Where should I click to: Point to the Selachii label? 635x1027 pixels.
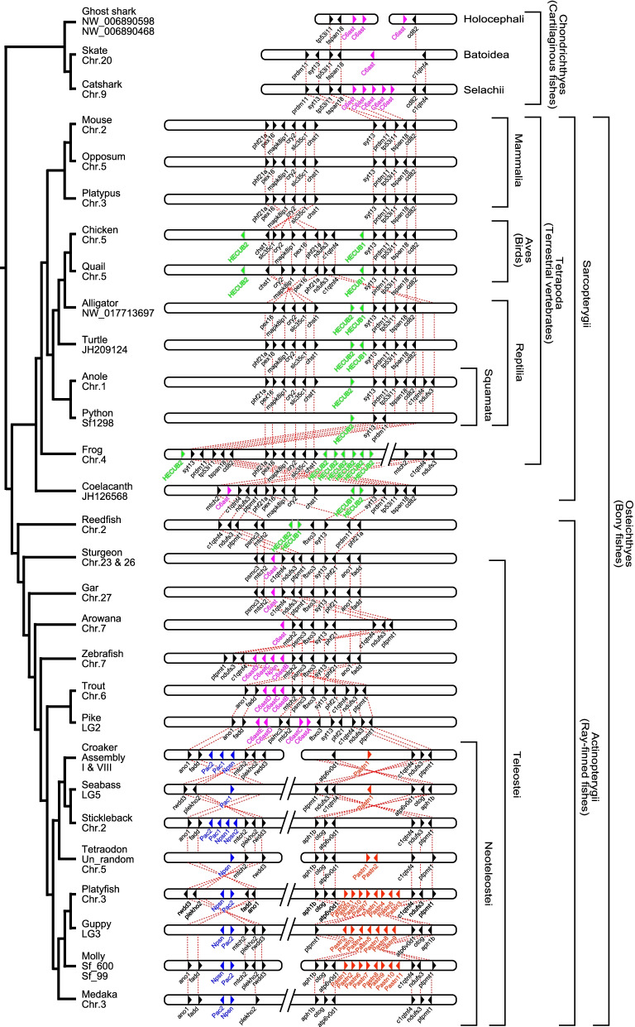click(x=484, y=89)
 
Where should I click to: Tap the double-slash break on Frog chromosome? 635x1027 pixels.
click(x=395, y=454)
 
